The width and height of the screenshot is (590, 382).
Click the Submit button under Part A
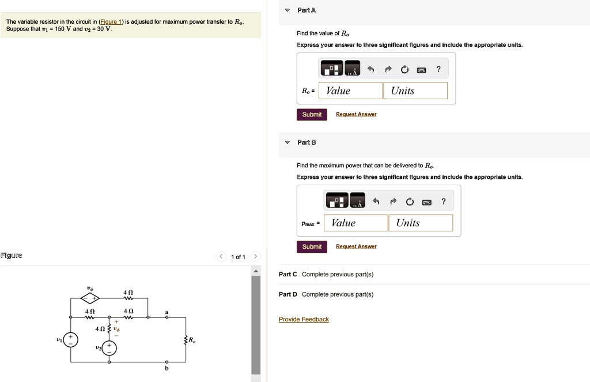pyautogui.click(x=312, y=114)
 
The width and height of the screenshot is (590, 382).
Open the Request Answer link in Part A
pyautogui.click(x=356, y=114)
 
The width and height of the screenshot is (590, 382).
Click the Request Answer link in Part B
pyautogui.click(x=356, y=246)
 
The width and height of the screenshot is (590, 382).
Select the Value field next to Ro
pyautogui.click(x=350, y=91)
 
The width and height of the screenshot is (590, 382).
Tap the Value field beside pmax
pyautogui.click(x=355, y=223)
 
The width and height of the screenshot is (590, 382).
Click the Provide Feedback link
pyautogui.click(x=304, y=319)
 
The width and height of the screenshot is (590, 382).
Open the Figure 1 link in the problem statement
pyautogui.click(x=112, y=22)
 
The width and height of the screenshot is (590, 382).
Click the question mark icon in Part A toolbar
pyautogui.click(x=438, y=69)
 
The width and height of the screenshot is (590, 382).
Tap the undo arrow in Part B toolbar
pyautogui.click(x=376, y=201)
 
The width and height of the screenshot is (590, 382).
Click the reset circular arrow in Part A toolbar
pyautogui.click(x=404, y=70)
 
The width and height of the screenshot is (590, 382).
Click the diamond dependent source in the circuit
pyautogui.click(x=89, y=298)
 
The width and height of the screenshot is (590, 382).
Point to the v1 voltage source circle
pyautogui.click(x=71, y=340)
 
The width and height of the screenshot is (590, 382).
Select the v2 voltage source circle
pyautogui.click(x=109, y=348)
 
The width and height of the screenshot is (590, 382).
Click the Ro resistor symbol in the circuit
pyautogui.click(x=186, y=340)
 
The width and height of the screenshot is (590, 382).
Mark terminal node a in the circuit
pyautogui.click(x=167, y=317)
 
